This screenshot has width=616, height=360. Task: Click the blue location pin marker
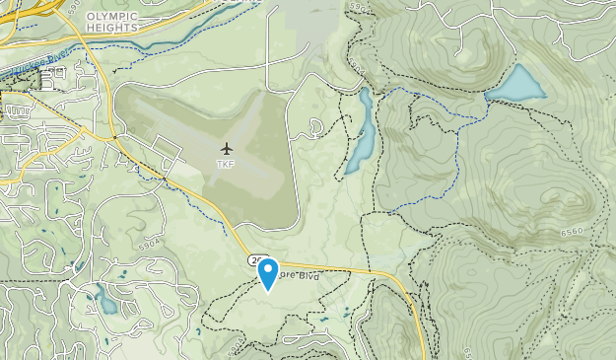(x=267, y=272)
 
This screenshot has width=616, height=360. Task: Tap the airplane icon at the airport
(x=227, y=149)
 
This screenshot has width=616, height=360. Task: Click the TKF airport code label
(x=227, y=165)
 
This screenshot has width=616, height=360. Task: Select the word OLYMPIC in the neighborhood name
(x=112, y=17)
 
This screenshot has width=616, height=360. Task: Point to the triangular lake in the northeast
(x=516, y=86)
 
